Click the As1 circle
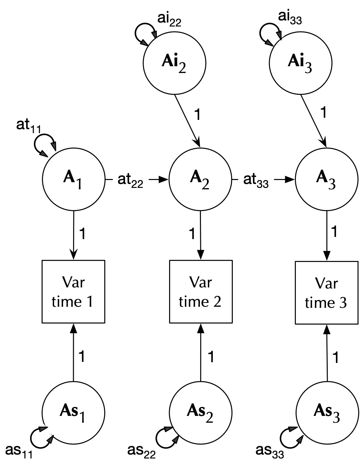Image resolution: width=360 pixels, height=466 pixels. [73, 412]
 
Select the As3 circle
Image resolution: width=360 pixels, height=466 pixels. [327, 412]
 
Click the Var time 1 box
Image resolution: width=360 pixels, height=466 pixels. [73, 292]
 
